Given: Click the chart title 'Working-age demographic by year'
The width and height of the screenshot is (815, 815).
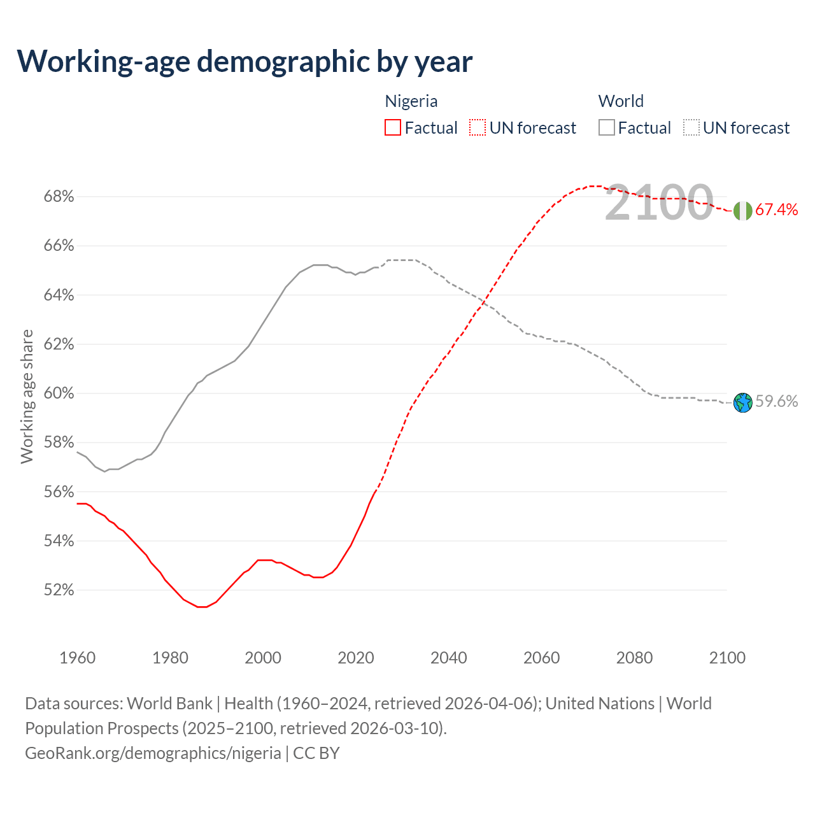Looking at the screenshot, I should click(244, 61).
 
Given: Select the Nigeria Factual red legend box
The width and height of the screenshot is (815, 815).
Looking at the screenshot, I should click(393, 128).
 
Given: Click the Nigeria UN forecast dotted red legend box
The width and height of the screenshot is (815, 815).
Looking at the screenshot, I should click(478, 128).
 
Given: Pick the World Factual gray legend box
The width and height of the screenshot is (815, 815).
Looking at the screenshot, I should click(607, 128).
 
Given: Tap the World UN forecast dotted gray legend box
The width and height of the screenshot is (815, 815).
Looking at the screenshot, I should click(691, 128).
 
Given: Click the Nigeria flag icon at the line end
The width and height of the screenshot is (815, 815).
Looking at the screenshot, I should click(742, 211).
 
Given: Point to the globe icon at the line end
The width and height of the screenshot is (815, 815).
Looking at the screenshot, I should click(742, 402).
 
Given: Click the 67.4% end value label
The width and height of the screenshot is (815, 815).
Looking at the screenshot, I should click(777, 210).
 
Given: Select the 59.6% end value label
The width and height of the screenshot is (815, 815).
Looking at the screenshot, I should click(777, 401).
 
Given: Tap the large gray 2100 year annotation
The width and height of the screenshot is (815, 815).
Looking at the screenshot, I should click(659, 202).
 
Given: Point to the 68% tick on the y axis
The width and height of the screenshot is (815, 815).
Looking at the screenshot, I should click(59, 197).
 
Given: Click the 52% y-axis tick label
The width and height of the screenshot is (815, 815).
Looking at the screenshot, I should click(59, 590).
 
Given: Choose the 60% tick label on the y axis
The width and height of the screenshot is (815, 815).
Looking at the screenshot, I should click(59, 393).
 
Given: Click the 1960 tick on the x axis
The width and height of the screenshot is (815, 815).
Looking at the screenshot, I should click(78, 658).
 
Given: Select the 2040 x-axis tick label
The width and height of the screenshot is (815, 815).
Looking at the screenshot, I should click(449, 658).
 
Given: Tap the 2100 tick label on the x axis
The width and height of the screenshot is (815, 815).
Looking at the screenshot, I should click(727, 658).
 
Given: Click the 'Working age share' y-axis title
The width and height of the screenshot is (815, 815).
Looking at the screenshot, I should click(27, 396).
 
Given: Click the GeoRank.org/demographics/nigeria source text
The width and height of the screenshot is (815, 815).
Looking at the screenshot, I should click(153, 753).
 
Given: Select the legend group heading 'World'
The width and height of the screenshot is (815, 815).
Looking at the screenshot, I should click(621, 101).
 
